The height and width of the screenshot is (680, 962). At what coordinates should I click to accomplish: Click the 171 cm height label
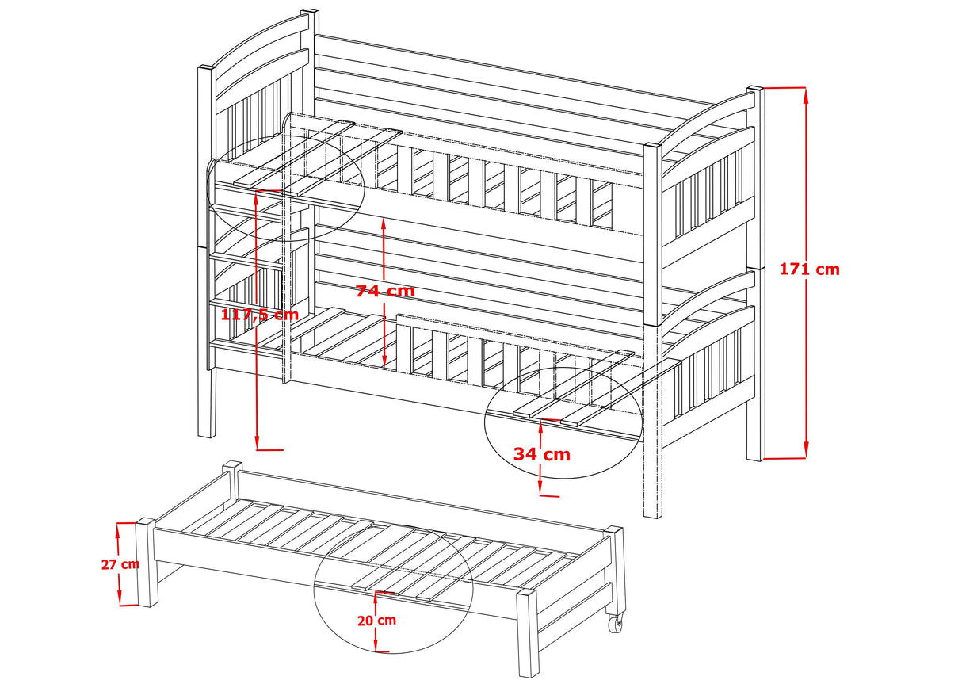click(x=809, y=269)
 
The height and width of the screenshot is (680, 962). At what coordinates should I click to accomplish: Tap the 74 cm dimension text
click(x=384, y=291)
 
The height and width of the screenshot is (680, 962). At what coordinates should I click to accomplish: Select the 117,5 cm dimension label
click(x=259, y=315)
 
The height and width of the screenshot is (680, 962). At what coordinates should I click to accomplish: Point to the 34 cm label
click(x=541, y=454)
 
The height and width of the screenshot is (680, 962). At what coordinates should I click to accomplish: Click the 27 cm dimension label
click(x=120, y=564)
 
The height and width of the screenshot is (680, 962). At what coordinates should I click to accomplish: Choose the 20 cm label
click(x=376, y=621)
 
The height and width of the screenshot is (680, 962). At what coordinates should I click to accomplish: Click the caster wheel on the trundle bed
click(x=615, y=625)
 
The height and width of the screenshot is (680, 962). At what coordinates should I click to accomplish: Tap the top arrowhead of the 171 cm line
click(x=807, y=94)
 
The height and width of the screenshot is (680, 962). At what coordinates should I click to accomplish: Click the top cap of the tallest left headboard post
click(x=310, y=13)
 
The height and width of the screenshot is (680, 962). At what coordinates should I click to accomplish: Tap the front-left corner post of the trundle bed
click(x=146, y=562)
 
